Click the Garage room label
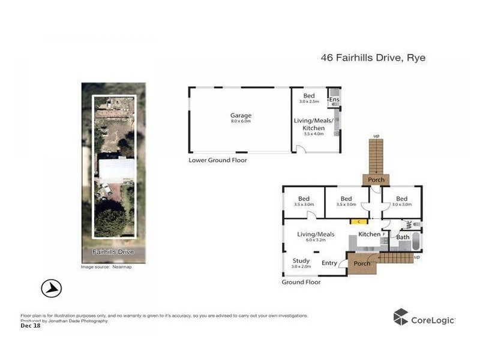(241, 115)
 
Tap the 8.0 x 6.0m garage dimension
(241, 121)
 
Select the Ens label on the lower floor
(334, 99)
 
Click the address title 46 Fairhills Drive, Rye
(373, 58)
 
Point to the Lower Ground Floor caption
(217, 160)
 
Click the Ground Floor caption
(301, 282)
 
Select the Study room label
(301, 260)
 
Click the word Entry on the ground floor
(329, 263)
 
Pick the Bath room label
(403, 237)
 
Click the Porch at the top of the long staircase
(376, 179)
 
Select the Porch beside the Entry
(361, 263)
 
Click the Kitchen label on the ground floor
(369, 234)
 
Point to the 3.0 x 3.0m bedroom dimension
(401, 205)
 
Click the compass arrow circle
(52, 288)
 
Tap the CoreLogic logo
(424, 319)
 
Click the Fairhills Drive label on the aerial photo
(113, 252)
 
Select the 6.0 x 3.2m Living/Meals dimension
(316, 240)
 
